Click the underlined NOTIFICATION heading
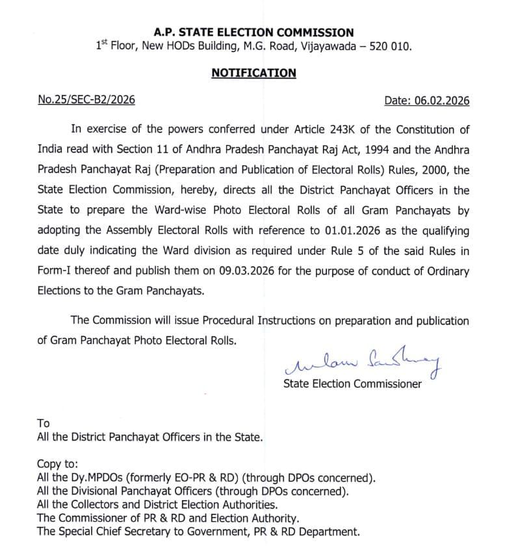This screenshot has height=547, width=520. (x=253, y=73)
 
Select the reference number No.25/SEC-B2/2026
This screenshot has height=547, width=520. (x=86, y=101)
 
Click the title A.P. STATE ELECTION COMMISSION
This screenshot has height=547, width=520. (x=253, y=33)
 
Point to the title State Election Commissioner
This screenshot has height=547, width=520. (x=352, y=384)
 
